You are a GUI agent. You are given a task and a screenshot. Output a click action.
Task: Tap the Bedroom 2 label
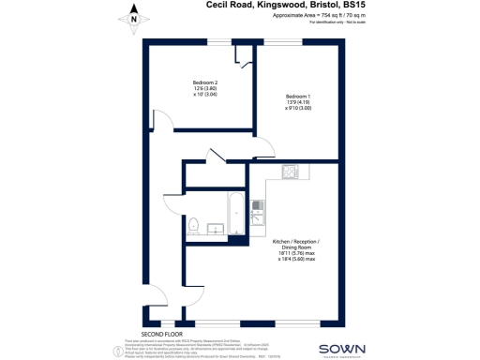204,82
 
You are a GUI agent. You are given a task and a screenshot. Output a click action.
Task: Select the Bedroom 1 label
298,97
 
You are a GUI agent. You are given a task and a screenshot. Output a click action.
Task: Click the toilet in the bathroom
193,225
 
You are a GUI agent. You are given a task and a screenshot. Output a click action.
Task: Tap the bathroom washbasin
214,228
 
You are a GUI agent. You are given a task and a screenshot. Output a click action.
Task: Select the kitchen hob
291,172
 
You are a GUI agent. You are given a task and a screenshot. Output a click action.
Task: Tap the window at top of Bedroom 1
289,40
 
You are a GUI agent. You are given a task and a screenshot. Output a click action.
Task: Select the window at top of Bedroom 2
221,40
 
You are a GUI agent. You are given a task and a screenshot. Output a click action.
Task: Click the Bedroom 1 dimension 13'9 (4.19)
298,103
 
